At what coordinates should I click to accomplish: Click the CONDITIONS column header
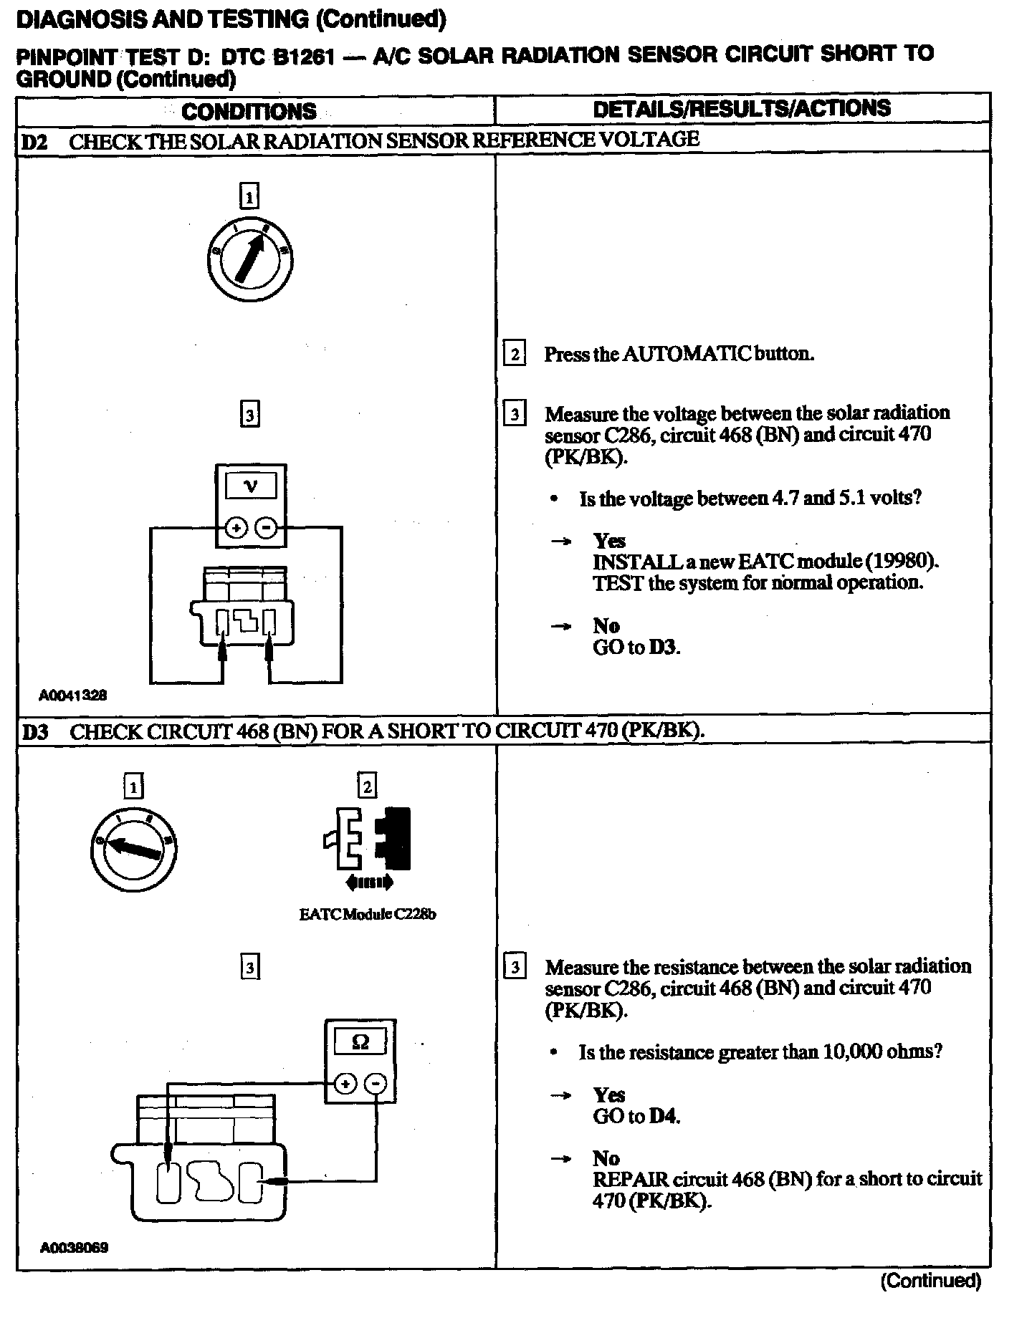249,111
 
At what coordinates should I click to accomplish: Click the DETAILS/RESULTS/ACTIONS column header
742,108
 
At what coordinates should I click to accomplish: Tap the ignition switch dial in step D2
249,257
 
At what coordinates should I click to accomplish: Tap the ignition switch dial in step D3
134,848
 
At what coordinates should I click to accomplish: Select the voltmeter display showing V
251,487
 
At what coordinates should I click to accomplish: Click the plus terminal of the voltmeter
236,529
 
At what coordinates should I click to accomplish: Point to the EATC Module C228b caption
367,915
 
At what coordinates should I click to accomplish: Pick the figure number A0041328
73,695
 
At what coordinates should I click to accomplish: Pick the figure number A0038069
74,1248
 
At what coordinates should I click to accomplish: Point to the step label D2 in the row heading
34,141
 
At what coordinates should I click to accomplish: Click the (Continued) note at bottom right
930,1281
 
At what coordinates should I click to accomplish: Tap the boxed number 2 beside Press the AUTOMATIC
514,353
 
